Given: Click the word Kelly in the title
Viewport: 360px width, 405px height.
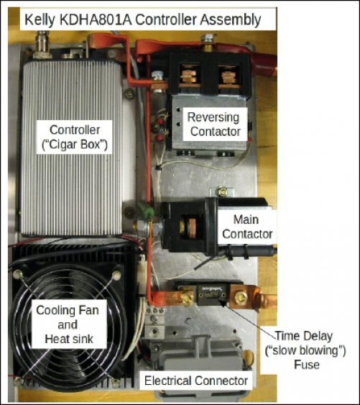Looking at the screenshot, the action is point(40,20).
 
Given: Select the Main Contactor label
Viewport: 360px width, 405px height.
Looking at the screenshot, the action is point(247,227).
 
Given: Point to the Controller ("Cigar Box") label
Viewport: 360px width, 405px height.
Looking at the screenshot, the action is point(75,137).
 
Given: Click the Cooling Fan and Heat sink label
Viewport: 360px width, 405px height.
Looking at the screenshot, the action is point(68,324).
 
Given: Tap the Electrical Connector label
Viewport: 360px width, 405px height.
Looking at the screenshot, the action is point(196,381).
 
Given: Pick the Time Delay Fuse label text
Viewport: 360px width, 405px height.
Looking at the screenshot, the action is point(305,350).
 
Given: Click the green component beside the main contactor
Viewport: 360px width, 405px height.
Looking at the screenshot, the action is point(146,209).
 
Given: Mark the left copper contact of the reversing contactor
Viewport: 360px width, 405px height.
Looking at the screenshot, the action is point(190,76).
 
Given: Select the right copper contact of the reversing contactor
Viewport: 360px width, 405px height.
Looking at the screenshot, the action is point(229,77).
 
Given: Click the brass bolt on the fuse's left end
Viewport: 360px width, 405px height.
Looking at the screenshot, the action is point(188,299).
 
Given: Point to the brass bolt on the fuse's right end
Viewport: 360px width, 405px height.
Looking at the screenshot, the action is point(241,298).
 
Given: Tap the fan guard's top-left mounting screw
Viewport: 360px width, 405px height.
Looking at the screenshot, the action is point(18,274).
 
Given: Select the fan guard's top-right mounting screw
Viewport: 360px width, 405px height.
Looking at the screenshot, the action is point(116,276).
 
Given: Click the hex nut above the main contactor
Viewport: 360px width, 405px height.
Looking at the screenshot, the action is point(222,191).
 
